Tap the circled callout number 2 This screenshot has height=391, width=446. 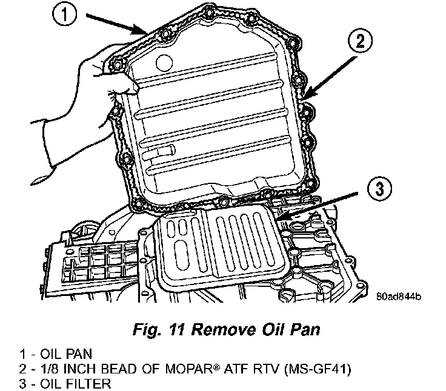click(x=359, y=41)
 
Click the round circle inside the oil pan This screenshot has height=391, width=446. click(x=164, y=62)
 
